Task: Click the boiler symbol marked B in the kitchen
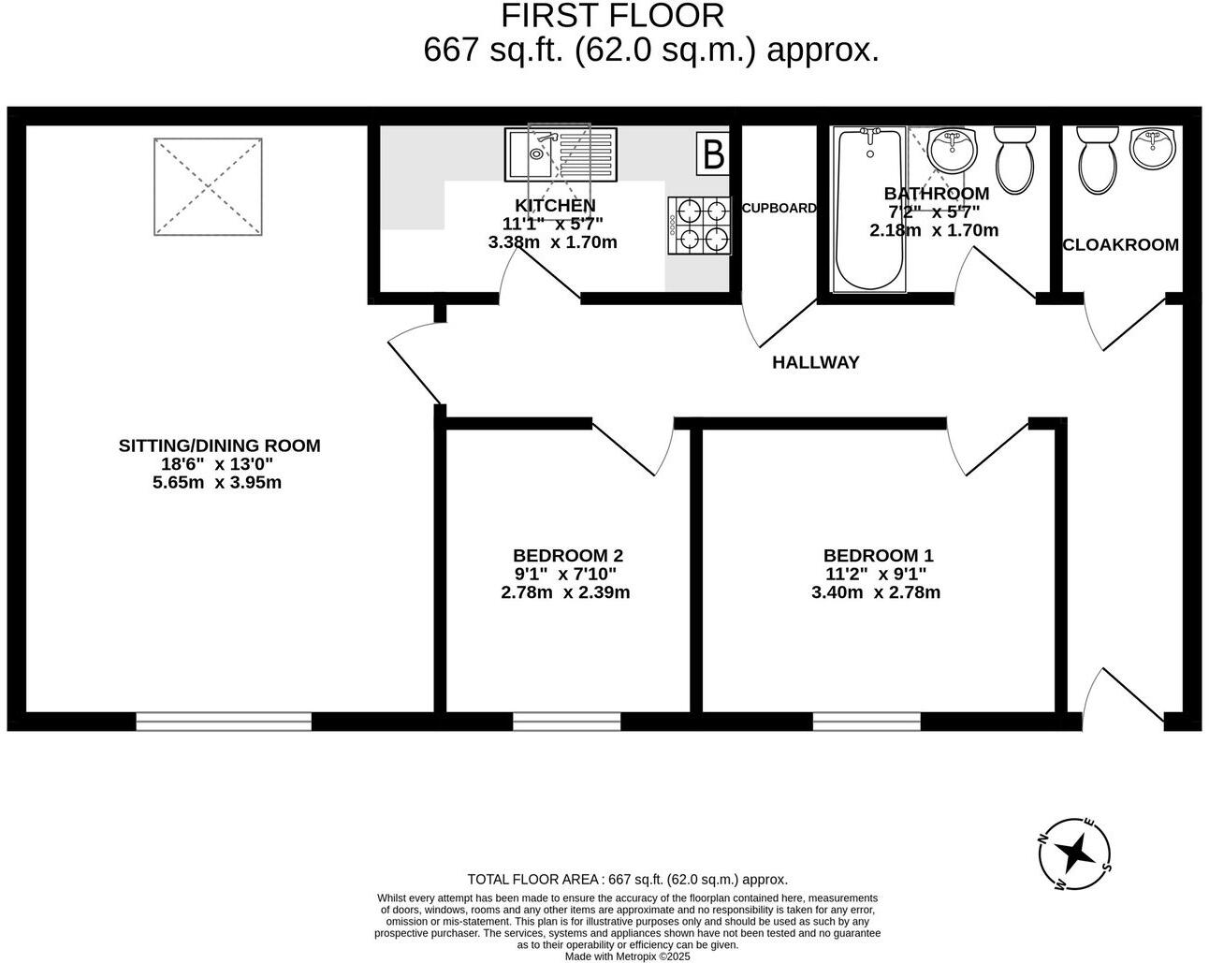tap(713, 153)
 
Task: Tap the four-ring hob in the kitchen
tap(699, 226)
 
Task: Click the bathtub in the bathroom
tap(869, 211)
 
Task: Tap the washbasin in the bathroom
tap(953, 150)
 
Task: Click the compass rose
tap(1076, 854)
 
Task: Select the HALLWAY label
tap(815, 362)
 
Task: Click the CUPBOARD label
tap(779, 209)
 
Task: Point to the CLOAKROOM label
tap(1120, 245)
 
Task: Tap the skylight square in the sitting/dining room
tap(208, 187)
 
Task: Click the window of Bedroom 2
tap(566, 721)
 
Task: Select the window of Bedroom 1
tap(867, 721)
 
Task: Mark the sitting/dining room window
tap(224, 721)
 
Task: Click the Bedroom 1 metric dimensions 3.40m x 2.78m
tap(876, 592)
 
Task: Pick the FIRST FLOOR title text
tap(613, 16)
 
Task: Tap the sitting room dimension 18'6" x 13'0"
tap(217, 464)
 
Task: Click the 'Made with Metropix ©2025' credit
tap(627, 956)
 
